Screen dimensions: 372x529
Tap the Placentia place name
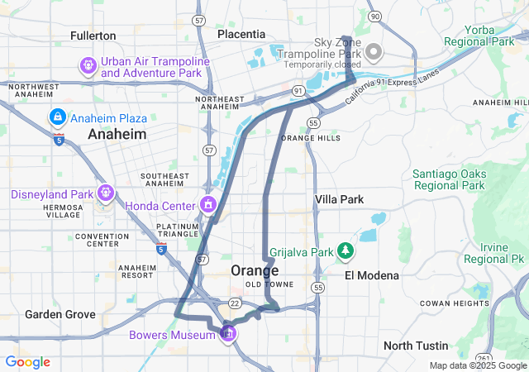(x=241, y=34)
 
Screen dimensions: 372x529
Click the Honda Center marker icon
(x=208, y=204)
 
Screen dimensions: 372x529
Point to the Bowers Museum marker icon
(x=229, y=334)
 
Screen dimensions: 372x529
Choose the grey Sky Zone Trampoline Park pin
(x=374, y=52)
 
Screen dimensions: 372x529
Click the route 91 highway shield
(x=298, y=89)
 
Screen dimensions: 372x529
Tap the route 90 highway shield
(x=375, y=16)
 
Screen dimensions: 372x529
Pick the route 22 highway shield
(x=235, y=303)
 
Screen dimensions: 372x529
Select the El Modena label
(x=372, y=275)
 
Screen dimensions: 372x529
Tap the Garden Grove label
(x=60, y=314)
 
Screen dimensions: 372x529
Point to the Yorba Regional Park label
(x=479, y=35)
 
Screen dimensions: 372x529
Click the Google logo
(x=27, y=362)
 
